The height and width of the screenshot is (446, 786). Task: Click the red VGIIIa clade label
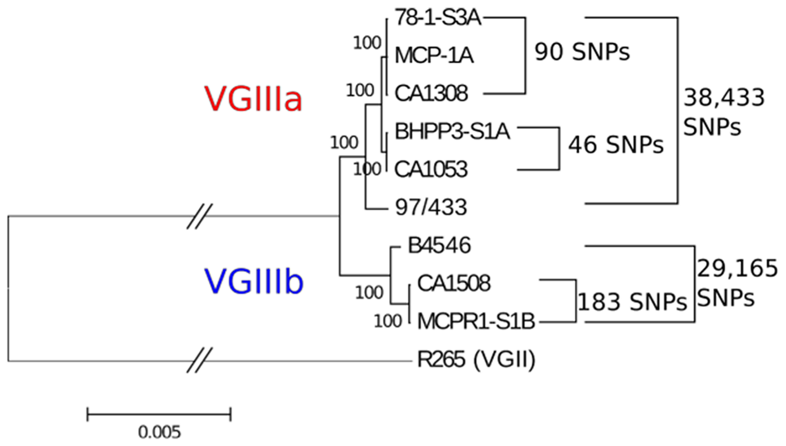click(x=253, y=100)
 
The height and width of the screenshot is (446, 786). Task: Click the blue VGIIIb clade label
click(x=254, y=282)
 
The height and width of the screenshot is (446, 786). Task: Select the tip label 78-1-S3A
click(x=438, y=18)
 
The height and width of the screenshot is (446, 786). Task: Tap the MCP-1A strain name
click(x=434, y=55)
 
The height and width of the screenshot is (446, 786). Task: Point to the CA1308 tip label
click(x=431, y=93)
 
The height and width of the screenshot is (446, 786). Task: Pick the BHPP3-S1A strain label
click(x=452, y=131)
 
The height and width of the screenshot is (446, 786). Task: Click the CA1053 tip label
click(x=431, y=169)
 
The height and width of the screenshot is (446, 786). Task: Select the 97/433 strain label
click(x=431, y=207)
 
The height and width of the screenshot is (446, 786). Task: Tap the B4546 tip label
click(x=439, y=245)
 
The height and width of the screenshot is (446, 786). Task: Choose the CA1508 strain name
click(x=454, y=283)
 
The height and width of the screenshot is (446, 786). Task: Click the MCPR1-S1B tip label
click(x=476, y=321)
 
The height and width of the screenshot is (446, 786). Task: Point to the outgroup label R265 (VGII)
click(x=476, y=359)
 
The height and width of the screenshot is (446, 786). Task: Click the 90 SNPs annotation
click(x=582, y=52)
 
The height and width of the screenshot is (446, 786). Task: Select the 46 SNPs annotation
click(x=616, y=145)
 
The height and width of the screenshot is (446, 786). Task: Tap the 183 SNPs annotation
click(x=632, y=302)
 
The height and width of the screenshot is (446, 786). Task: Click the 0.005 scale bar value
click(x=159, y=432)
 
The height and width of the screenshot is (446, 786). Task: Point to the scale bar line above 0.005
click(x=159, y=413)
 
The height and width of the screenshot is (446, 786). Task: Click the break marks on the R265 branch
click(x=199, y=360)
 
